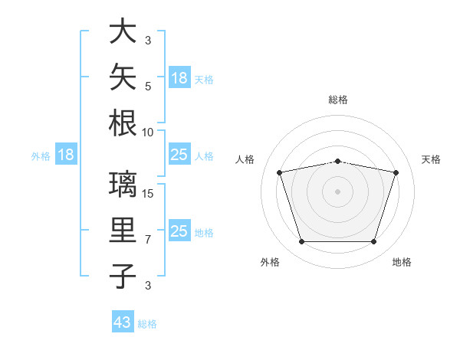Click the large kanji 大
coord(123,31)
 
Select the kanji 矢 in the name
coord(123,77)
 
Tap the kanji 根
coord(123,123)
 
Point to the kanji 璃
coord(123,184)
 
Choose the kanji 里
coord(123,230)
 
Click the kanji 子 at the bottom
coord(123,276)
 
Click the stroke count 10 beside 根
coord(147,133)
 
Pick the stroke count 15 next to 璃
coord(147,194)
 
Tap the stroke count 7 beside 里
coord(148,240)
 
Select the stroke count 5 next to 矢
coord(148,87)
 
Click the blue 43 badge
coord(123,321)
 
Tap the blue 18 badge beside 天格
coord(180,77)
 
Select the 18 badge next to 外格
coord(66,154)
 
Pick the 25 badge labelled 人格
coord(180,154)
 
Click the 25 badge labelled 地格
coord(180,230)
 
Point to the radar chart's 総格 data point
coord(338,162)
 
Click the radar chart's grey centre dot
coord(337,191)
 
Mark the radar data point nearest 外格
coord(302,241)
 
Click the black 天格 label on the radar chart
coord(431,159)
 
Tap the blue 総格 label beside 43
coord(147,324)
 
